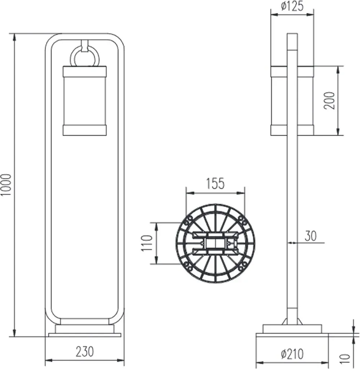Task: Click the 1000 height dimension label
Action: pos(6,185)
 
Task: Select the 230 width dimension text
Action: pos(85,352)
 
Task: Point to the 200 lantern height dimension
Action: pos(329,101)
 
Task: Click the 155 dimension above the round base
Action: pos(215,183)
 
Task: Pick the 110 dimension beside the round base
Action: pos(147,243)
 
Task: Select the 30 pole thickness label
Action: pos(311,236)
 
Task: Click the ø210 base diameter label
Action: pos(293,354)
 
